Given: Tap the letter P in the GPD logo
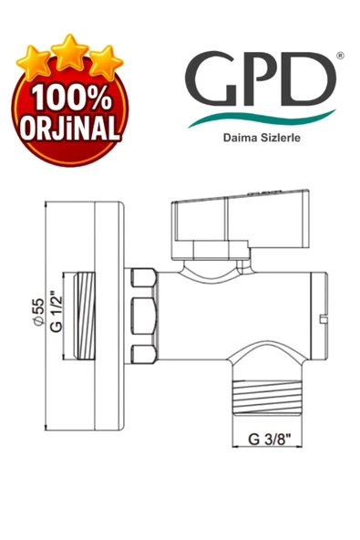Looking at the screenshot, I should [x=261, y=79].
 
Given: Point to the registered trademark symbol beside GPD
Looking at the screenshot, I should [x=340, y=56].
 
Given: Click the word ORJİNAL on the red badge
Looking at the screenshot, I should [x=70, y=129].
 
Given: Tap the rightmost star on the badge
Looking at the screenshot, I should [x=103, y=62].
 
